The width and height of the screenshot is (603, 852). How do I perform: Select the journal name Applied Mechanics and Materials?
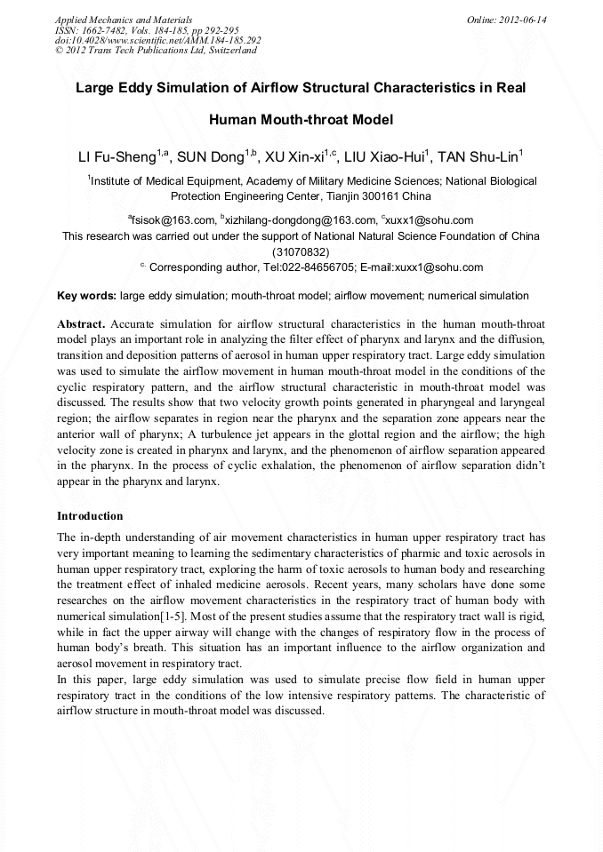[x=124, y=20]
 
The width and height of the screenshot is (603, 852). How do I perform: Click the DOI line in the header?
[x=157, y=40]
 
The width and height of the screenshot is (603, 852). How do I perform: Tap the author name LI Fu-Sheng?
[x=117, y=158]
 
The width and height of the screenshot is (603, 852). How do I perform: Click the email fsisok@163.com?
[x=173, y=220]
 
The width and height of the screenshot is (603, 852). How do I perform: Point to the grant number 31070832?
[x=301, y=251]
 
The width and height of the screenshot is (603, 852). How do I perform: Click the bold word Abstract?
[x=81, y=323]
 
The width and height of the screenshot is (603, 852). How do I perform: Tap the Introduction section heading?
[x=90, y=516]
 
